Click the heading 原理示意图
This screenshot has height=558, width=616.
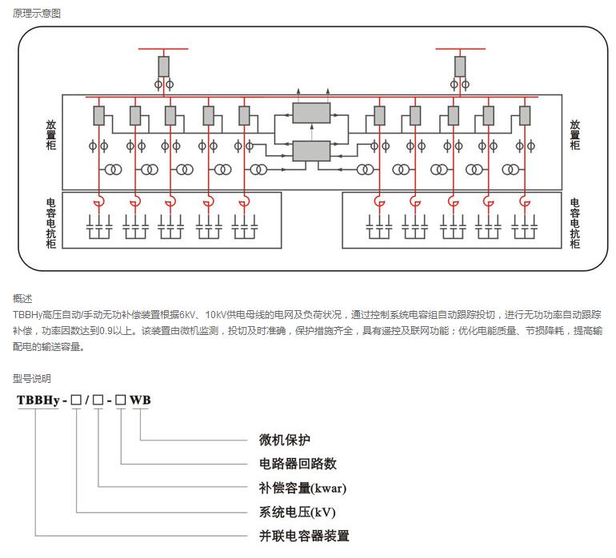pos(36,14)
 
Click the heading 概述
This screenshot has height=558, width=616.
pos(22,298)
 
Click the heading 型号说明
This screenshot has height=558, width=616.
pos(31,378)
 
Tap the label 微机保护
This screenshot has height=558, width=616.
pos(284,440)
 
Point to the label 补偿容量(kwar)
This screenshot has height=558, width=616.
pos(302,488)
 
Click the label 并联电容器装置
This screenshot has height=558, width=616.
pos(304,536)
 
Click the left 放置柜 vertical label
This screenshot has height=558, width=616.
pos(50,135)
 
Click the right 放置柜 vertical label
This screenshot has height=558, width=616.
pos(574,135)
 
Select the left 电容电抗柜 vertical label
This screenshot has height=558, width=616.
pos(50,223)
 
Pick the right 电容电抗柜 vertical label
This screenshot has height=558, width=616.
pos(574,223)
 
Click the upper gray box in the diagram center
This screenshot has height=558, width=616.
pos(311,113)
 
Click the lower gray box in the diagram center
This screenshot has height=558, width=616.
pos(311,150)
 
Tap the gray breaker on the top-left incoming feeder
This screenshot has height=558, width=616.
pos(163,66)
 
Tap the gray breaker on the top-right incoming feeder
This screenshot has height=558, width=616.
pos(460,66)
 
